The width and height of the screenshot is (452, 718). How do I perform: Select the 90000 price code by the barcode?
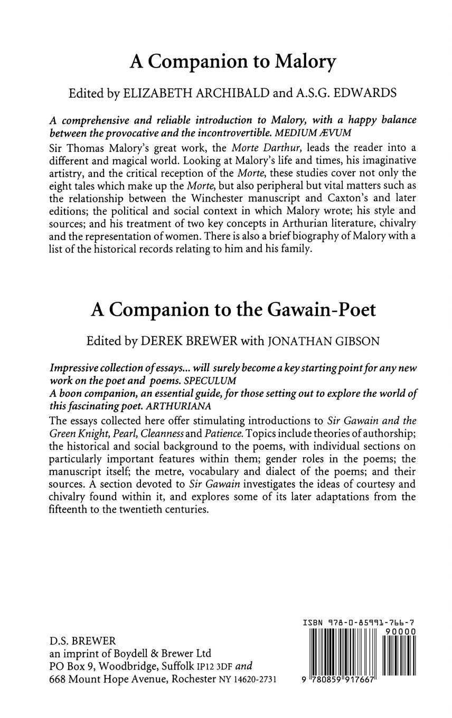(x=400, y=632)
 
